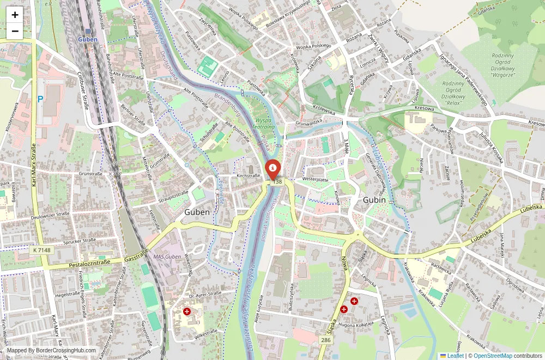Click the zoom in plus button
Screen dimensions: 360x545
pyautogui.click(x=15, y=15)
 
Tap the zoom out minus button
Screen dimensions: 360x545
pyautogui.click(x=15, y=31)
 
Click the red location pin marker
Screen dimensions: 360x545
pyautogui.click(x=272, y=168)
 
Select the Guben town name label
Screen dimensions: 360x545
pyautogui.click(x=197, y=212)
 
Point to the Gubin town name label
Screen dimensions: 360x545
pyautogui.click(x=374, y=200)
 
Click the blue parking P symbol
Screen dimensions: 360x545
pyautogui.click(x=40, y=100)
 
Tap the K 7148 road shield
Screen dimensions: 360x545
pyautogui.click(x=41, y=249)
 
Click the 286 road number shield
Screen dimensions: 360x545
pyautogui.click(x=325, y=340)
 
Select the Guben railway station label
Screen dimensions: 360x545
pyautogui.click(x=87, y=39)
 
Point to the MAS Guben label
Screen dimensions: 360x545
pyautogui.click(x=167, y=257)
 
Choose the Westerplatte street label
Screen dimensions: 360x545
pyautogui.click(x=316, y=179)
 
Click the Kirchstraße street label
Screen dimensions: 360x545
pyautogui.click(x=249, y=176)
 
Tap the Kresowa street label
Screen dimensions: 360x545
pyautogui.click(x=424, y=108)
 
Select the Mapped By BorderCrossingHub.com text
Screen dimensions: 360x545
pyautogui.click(x=52, y=351)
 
